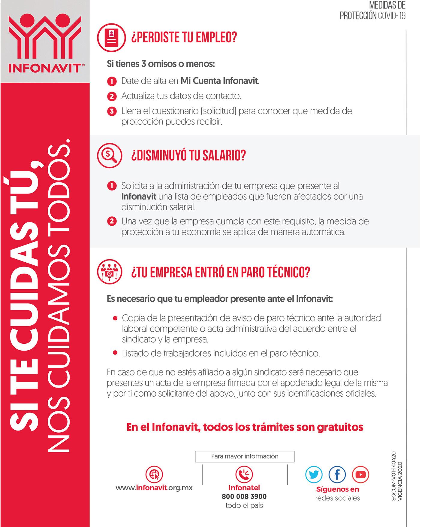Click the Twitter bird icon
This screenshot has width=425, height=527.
click(x=314, y=474)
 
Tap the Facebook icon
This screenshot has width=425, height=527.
click(x=337, y=474)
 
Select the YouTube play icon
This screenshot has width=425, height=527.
click(x=360, y=474)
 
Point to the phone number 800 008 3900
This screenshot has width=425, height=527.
click(x=244, y=496)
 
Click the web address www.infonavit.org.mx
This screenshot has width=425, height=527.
click(x=154, y=488)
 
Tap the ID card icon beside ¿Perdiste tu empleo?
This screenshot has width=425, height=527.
click(x=111, y=38)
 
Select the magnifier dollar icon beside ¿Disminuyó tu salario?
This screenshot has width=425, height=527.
click(x=110, y=155)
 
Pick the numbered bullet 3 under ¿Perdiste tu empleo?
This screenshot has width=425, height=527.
click(x=112, y=111)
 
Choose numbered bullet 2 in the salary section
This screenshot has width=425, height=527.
click(x=112, y=221)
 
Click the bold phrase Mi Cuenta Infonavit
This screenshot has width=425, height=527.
click(x=219, y=81)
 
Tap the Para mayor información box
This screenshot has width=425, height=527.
click(x=245, y=456)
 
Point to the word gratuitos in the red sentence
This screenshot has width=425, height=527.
click(x=340, y=427)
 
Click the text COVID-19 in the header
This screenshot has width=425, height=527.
click(x=392, y=16)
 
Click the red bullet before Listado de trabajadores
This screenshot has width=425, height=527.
click(x=115, y=353)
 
